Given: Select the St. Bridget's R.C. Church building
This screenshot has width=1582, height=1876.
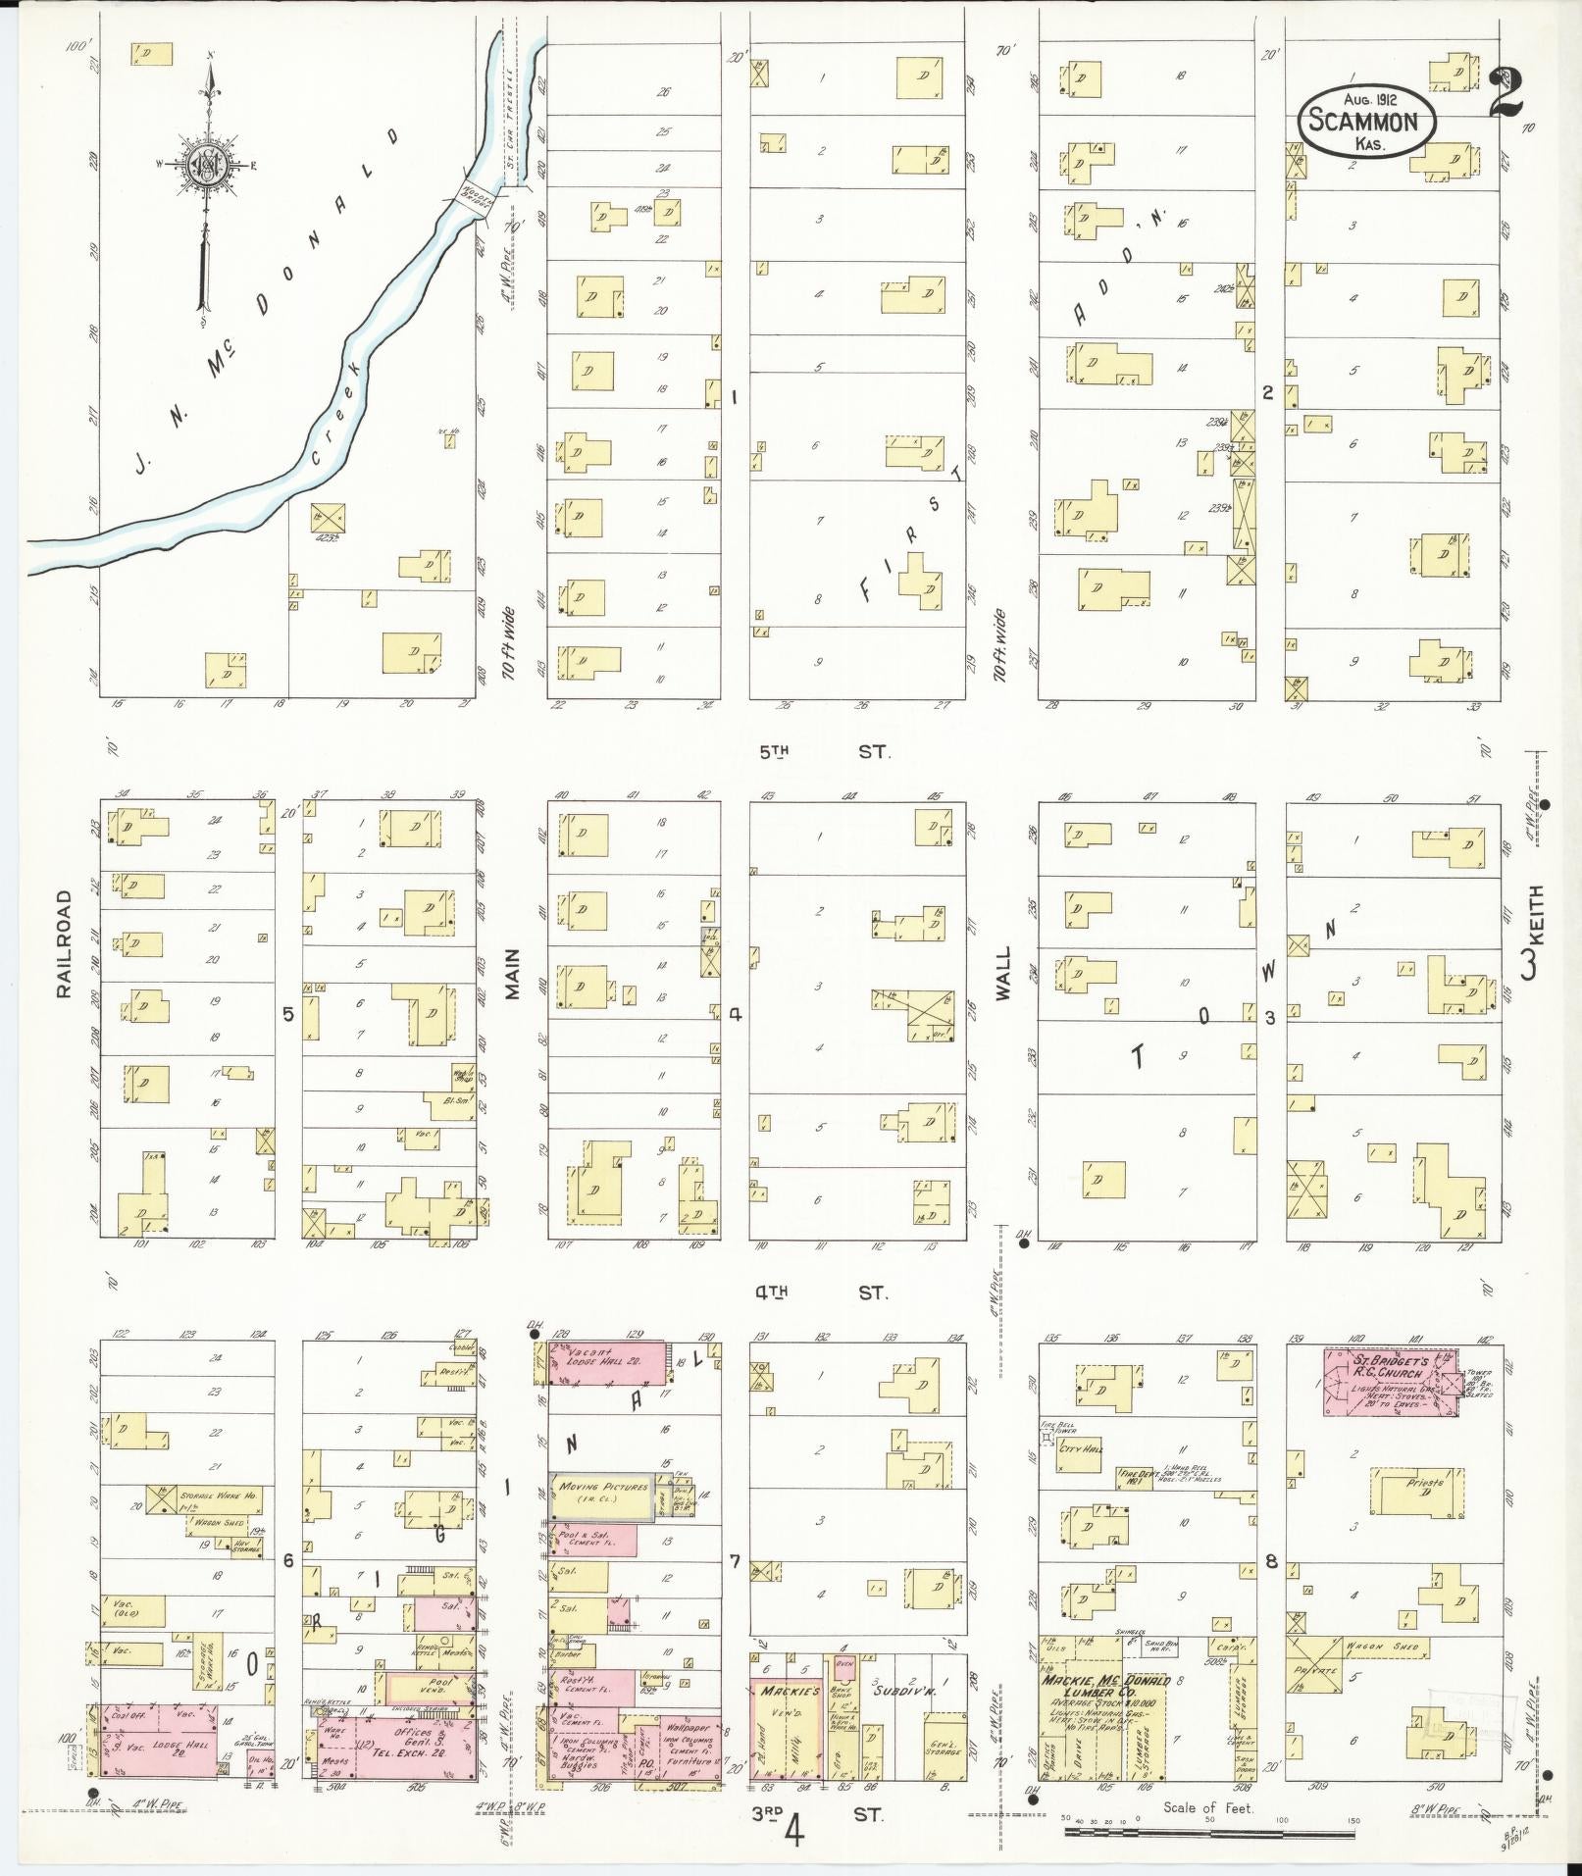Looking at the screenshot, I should pos(1385,1381).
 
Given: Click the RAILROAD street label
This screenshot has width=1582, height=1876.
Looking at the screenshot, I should pos(65,943).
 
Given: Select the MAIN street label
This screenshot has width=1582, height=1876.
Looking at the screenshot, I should pos(512,971).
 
